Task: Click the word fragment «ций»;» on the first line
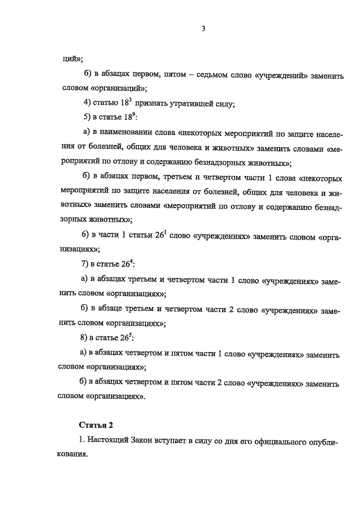tap(73, 58)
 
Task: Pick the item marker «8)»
tap(87, 337)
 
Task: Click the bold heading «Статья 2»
tap(96, 425)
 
